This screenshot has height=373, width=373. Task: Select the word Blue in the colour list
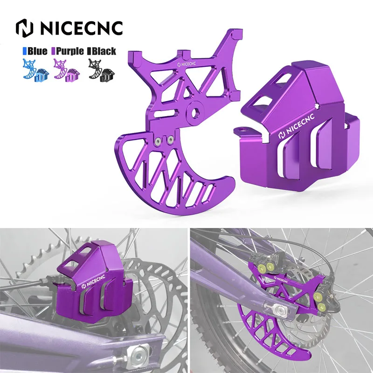point(37,51)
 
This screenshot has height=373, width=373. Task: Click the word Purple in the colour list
point(70,51)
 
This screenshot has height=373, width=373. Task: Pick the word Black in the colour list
point(104,51)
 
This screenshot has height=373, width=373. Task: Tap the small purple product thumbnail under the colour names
point(67,69)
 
